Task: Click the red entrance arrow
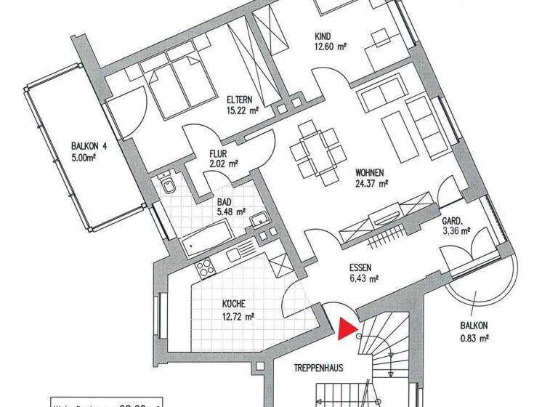point(347,329)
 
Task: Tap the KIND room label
point(324,36)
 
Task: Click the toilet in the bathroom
point(169,186)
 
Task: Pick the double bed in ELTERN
point(171,82)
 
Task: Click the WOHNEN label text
point(370,173)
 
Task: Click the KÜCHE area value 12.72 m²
point(238,316)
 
